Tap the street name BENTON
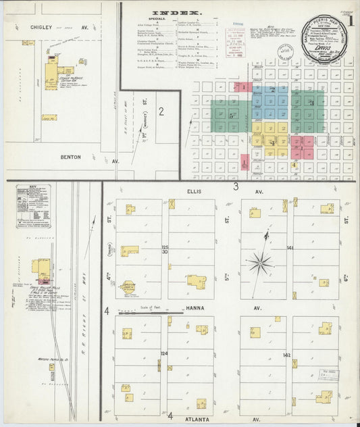[x=70, y=157]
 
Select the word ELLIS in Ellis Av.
[x=194, y=192]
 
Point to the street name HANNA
[x=195, y=307]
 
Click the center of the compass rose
[x=259, y=261]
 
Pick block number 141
[x=290, y=249]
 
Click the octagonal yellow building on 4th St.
[x=128, y=286]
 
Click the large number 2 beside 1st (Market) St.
[x=161, y=111]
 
